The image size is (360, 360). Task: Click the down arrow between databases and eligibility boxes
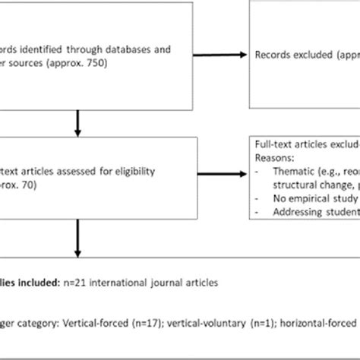(x=77, y=122)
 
